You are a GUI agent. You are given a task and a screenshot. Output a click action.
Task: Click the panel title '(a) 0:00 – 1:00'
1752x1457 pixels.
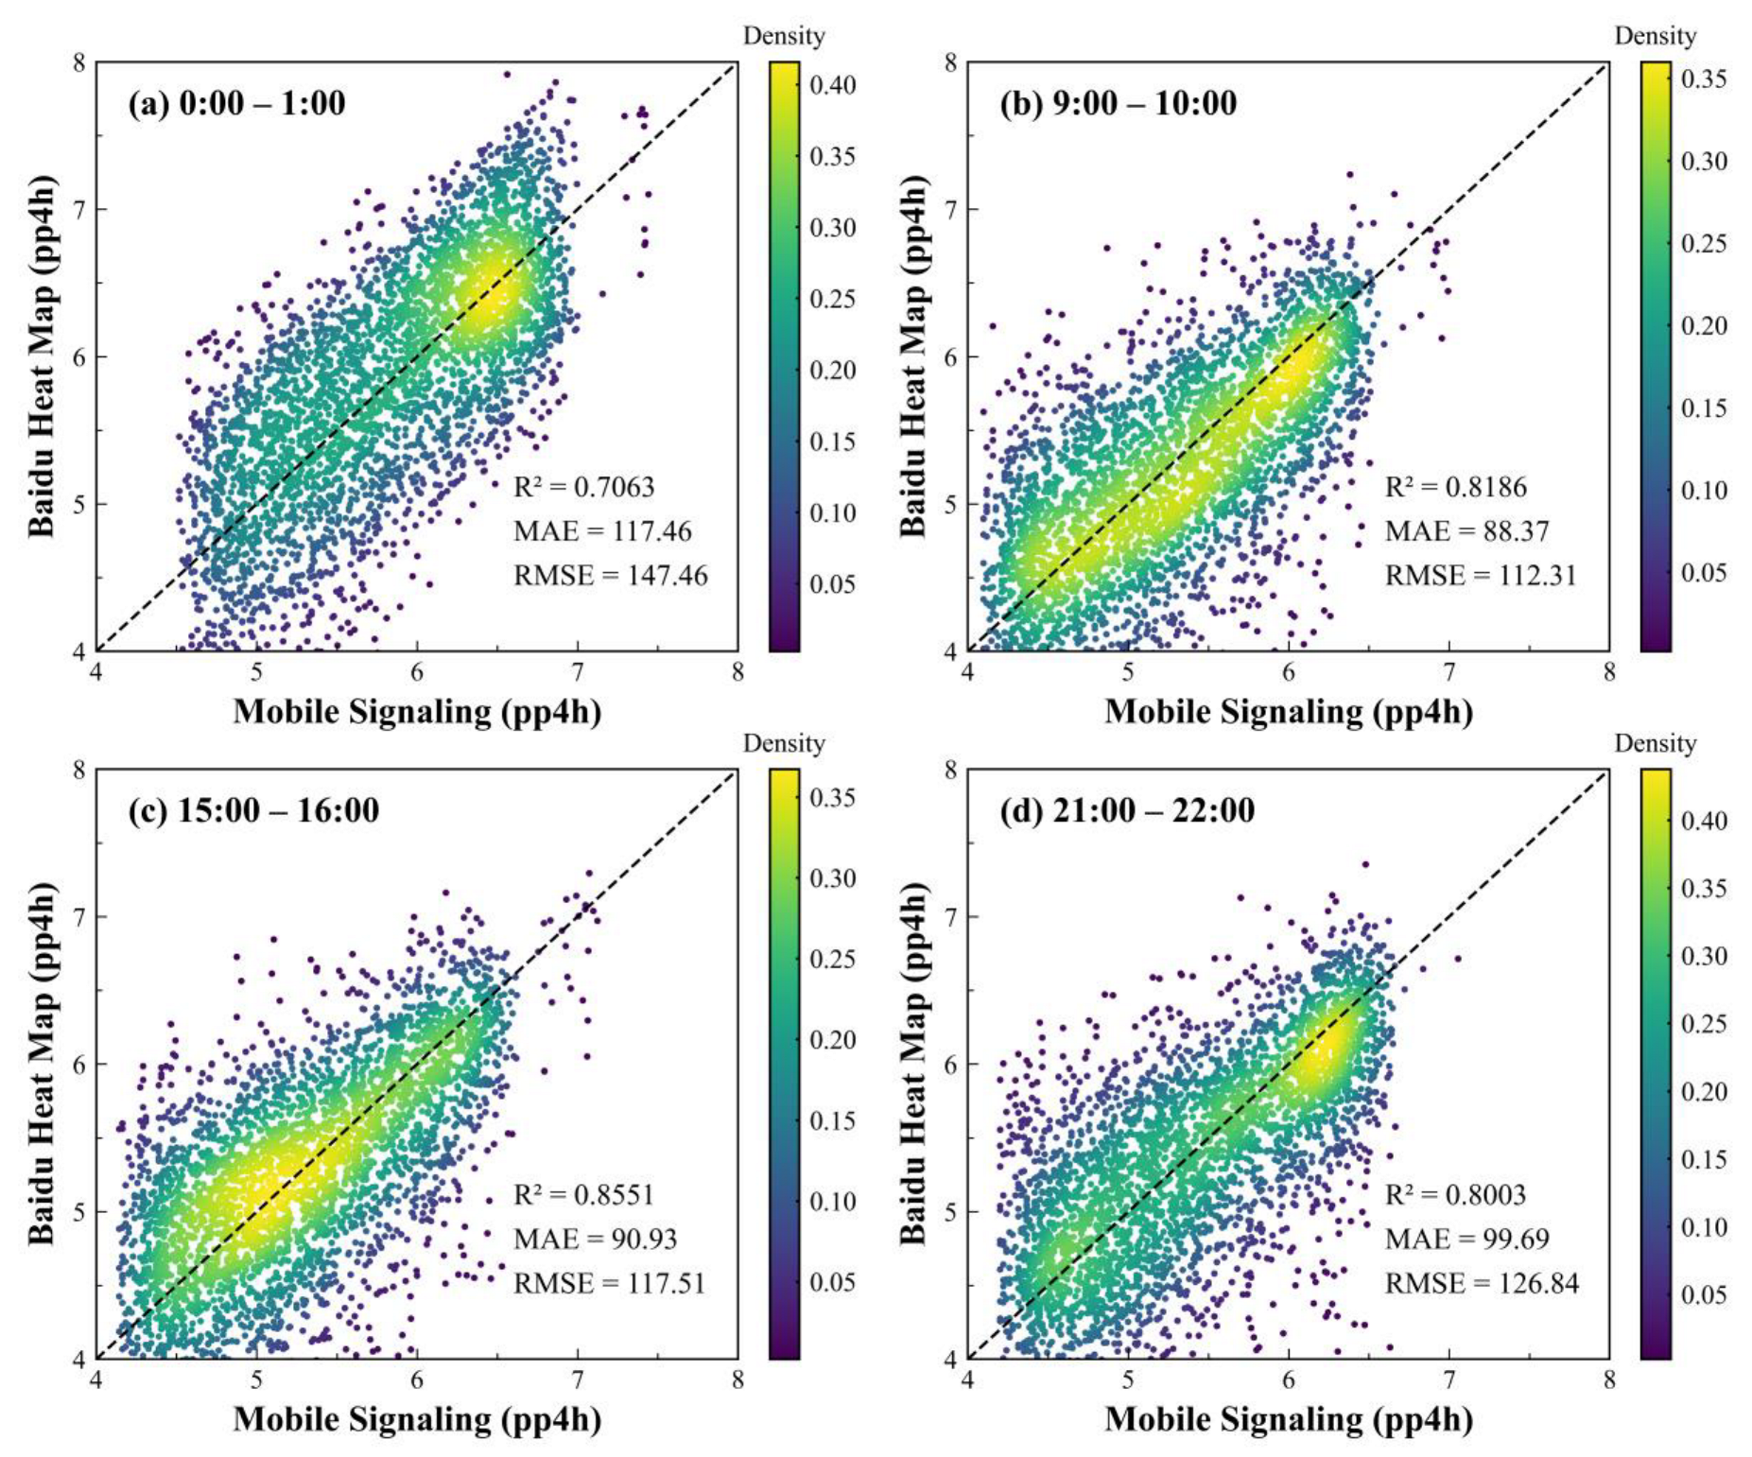pos(237,103)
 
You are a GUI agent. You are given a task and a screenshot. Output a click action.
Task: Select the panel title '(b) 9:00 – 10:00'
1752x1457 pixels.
pos(1118,103)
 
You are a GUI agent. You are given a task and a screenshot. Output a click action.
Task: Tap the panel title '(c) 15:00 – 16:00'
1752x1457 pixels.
pos(253,810)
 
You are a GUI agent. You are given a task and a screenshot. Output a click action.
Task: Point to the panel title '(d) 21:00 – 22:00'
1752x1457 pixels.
pos(1127,810)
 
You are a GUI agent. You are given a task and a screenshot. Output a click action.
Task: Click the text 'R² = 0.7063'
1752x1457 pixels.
pos(583,487)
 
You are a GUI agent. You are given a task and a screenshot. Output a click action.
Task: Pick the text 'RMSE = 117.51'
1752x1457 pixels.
pos(609,1283)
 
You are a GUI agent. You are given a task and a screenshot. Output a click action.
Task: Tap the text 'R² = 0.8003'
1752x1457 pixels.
pos(1455,1195)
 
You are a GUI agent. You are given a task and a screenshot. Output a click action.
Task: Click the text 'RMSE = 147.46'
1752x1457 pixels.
pos(610,576)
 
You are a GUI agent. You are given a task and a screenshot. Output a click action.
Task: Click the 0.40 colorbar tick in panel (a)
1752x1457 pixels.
pos(832,85)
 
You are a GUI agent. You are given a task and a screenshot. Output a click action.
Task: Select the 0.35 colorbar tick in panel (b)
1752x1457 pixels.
pos(1704,78)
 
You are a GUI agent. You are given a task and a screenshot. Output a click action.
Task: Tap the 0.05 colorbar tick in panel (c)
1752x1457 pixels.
pos(832,1282)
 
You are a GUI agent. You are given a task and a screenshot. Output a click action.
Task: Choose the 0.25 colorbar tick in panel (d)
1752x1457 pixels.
pos(1704,1024)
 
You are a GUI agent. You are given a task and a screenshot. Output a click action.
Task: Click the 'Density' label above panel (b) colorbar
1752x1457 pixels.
pos(1655,36)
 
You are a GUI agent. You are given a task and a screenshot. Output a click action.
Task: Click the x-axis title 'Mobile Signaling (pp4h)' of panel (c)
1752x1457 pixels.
pos(417,1419)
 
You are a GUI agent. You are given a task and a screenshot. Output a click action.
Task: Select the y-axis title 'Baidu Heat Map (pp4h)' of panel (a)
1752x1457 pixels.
pos(42,356)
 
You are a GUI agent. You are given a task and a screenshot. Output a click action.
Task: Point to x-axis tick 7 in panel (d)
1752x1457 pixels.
pos(1448,1380)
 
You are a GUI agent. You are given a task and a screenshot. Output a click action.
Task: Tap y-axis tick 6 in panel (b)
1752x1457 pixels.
pos(949,356)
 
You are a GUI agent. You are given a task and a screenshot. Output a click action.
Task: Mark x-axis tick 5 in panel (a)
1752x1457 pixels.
pos(256,672)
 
